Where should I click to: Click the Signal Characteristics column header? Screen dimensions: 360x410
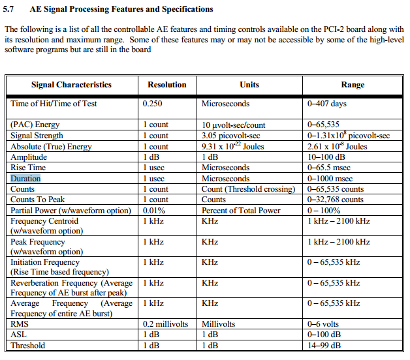(x=71, y=85)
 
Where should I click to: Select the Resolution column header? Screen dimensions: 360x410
(x=166, y=85)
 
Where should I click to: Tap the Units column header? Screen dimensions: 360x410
(x=249, y=85)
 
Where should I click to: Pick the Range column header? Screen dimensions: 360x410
(x=353, y=85)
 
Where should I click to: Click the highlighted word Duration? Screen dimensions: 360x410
(x=25, y=178)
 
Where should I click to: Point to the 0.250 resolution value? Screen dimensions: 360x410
(x=153, y=104)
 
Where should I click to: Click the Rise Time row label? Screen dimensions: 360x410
(x=28, y=168)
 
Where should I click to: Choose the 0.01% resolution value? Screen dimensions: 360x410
(x=153, y=210)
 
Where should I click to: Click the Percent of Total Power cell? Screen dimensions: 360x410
(x=241, y=210)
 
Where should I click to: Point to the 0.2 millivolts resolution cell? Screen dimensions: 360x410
(x=165, y=323)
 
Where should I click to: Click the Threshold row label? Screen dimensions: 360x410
(x=28, y=345)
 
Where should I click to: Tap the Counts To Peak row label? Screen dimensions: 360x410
(x=38, y=200)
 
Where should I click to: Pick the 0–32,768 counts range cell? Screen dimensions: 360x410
(x=335, y=200)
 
